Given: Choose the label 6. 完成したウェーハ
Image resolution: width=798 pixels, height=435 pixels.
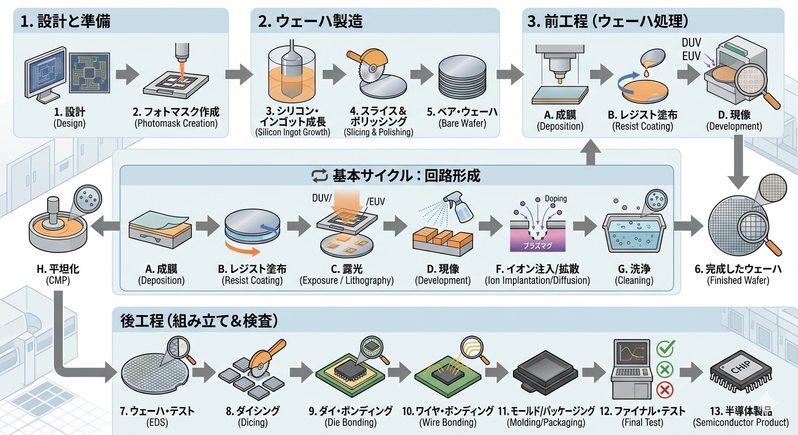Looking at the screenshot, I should [740, 268].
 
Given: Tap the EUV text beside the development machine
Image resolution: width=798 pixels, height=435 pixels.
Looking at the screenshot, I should [691, 56].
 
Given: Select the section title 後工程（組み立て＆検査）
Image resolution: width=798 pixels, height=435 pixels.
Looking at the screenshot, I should [199, 321].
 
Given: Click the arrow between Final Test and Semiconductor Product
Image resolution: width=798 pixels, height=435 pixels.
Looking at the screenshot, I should [691, 372].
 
